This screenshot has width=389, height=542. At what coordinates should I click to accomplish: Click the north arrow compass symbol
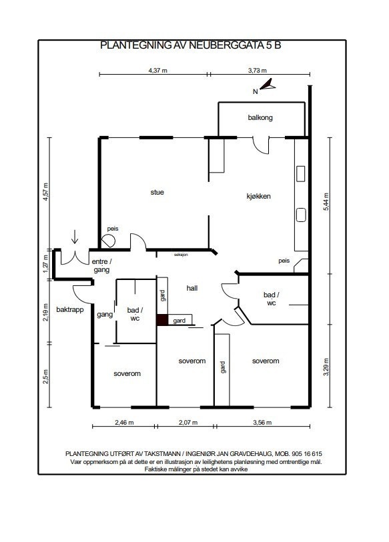coord(268,85)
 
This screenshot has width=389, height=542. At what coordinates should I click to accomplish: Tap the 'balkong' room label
coord(260,117)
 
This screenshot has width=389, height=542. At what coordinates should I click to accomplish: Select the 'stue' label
coord(157,192)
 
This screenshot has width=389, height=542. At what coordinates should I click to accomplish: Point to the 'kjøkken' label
coord(258,196)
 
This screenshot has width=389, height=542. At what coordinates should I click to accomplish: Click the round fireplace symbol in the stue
coord(108,241)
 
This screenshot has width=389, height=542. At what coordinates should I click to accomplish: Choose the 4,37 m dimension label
coord(158,70)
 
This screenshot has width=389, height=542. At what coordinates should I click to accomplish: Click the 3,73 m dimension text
coord(257,70)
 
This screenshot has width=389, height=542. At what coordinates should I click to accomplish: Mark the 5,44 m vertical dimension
coord(326,201)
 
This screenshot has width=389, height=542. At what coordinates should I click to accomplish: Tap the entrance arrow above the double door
coord(75,237)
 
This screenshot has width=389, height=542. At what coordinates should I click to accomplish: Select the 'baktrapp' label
coord(70,309)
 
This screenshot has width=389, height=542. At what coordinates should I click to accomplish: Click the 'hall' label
coord(191,288)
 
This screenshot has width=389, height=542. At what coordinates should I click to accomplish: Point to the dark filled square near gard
coord(162,320)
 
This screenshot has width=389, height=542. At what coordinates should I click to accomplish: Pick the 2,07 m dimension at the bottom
coord(188,423)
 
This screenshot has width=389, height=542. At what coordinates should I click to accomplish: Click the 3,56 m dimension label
coord(262,423)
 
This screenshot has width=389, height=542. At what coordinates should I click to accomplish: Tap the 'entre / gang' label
coord(101,265)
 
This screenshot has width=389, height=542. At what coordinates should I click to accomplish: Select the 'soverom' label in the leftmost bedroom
coord(127,373)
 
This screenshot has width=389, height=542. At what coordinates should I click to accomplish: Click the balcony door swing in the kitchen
coord(261,145)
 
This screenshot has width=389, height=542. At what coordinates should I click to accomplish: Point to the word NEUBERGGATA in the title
coord(220,45)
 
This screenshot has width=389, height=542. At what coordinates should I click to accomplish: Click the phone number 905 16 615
coord(307,453)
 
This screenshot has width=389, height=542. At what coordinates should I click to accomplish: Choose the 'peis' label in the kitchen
coord(284,261)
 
